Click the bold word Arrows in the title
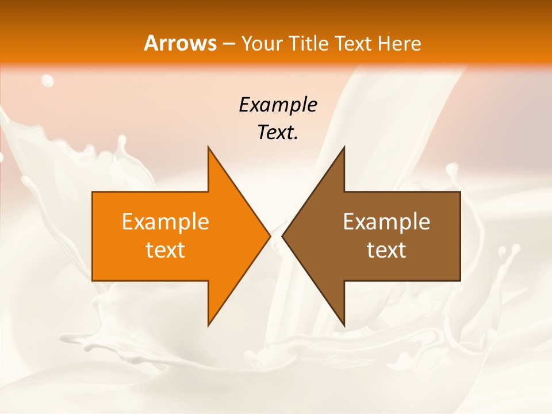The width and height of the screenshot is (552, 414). pyautogui.click(x=180, y=43)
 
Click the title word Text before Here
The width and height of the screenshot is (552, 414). pyautogui.click(x=353, y=44)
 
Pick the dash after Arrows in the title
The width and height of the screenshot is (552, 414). pyautogui.click(x=228, y=44)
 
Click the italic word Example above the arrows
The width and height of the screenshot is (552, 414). pyautogui.click(x=278, y=105)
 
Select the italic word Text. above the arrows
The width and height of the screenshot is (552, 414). pyautogui.click(x=278, y=132)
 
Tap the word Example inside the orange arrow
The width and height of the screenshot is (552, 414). pyautogui.click(x=166, y=222)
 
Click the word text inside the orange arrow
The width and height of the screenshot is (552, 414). pyautogui.click(x=166, y=250)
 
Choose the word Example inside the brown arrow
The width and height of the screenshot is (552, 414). pyautogui.click(x=386, y=222)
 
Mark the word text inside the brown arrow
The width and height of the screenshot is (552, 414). pyautogui.click(x=386, y=250)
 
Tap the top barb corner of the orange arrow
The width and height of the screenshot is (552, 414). pyautogui.click(x=209, y=148)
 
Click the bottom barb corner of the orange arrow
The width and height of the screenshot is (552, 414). pyautogui.click(x=209, y=325)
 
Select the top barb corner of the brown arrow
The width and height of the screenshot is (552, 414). pyautogui.click(x=344, y=148)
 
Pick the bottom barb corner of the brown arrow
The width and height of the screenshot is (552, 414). pyautogui.click(x=344, y=325)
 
